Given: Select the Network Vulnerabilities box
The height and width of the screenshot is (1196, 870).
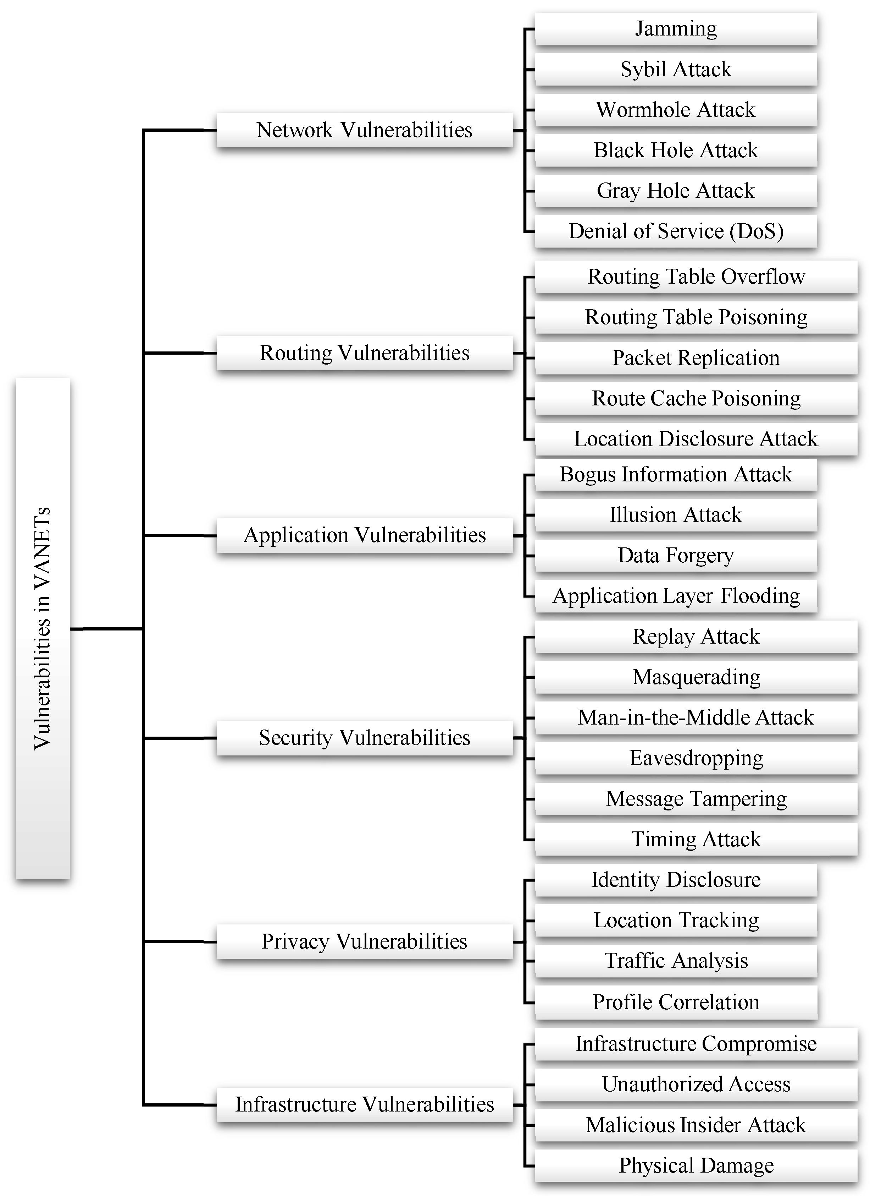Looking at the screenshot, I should click(364, 130).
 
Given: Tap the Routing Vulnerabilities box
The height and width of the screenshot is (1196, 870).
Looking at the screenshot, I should click(364, 353).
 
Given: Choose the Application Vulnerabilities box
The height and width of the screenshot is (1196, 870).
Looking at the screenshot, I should click(364, 535).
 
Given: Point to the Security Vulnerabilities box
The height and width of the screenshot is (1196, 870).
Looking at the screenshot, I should click(364, 738).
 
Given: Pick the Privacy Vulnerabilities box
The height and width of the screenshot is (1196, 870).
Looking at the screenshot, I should click(364, 941).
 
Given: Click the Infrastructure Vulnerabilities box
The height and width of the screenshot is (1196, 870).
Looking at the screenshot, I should click(364, 1104).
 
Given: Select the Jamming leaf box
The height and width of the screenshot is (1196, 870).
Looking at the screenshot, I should click(676, 28).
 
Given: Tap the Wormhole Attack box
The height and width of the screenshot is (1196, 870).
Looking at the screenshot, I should click(676, 110).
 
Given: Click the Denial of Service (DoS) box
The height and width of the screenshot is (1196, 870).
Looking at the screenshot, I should click(676, 231).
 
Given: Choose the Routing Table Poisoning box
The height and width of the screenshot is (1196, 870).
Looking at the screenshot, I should click(696, 317).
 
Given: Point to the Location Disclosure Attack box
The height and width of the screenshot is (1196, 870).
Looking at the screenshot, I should click(696, 439).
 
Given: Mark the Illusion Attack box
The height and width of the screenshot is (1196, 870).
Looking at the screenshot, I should click(676, 515).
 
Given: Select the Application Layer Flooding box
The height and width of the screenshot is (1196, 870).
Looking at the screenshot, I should click(676, 596).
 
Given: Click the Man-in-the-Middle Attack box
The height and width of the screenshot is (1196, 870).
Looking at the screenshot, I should click(696, 718).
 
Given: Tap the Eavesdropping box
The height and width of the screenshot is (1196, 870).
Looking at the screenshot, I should click(696, 758).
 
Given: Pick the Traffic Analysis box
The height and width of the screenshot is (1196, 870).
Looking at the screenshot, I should click(676, 961).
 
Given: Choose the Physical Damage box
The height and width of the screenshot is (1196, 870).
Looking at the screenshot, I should click(696, 1165).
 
